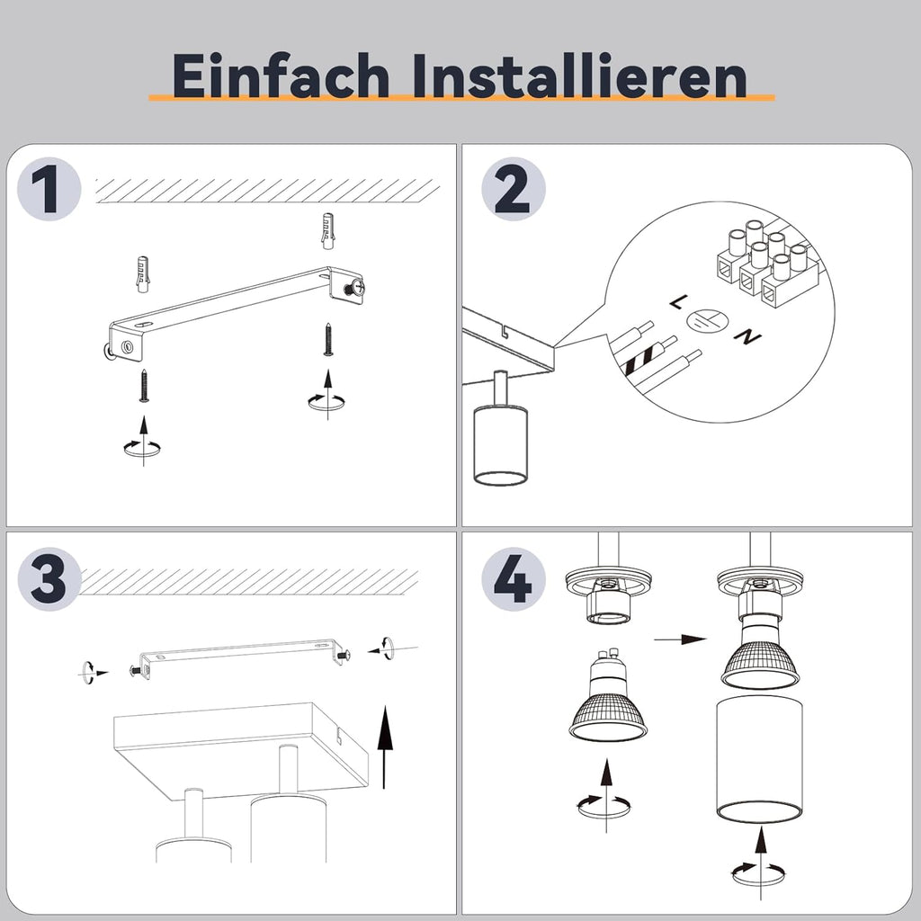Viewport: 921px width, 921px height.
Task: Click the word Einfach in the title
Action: click(281, 76)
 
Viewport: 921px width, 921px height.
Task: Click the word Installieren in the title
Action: click(579, 76)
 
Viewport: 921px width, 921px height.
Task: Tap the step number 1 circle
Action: click(49, 189)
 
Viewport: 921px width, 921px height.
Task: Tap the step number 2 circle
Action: click(514, 189)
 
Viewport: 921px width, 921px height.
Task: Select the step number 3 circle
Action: click(49, 578)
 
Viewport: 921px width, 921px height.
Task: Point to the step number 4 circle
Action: click(514, 578)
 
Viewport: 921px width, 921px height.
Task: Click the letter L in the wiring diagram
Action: click(677, 302)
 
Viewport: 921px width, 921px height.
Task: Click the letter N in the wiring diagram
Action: click(747, 336)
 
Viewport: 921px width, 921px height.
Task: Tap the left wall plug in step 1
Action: click(142, 273)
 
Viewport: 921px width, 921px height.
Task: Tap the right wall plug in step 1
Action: click(328, 231)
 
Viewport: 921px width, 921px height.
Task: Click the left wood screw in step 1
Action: click(143, 385)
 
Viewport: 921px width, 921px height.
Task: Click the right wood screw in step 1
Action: click(328, 339)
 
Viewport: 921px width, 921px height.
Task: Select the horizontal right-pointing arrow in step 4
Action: click(680, 639)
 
